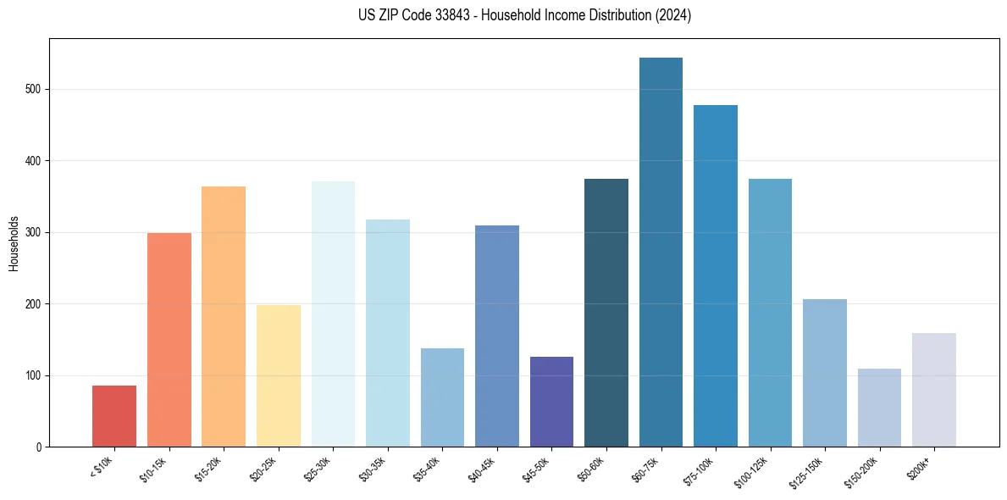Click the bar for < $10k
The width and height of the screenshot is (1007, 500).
(114, 416)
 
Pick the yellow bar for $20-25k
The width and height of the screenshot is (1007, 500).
(279, 376)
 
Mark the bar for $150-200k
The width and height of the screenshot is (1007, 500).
(879, 408)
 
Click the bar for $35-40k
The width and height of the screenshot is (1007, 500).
(442, 397)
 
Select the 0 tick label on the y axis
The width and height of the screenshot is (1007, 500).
(40, 447)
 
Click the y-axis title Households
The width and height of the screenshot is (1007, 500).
(14, 242)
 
